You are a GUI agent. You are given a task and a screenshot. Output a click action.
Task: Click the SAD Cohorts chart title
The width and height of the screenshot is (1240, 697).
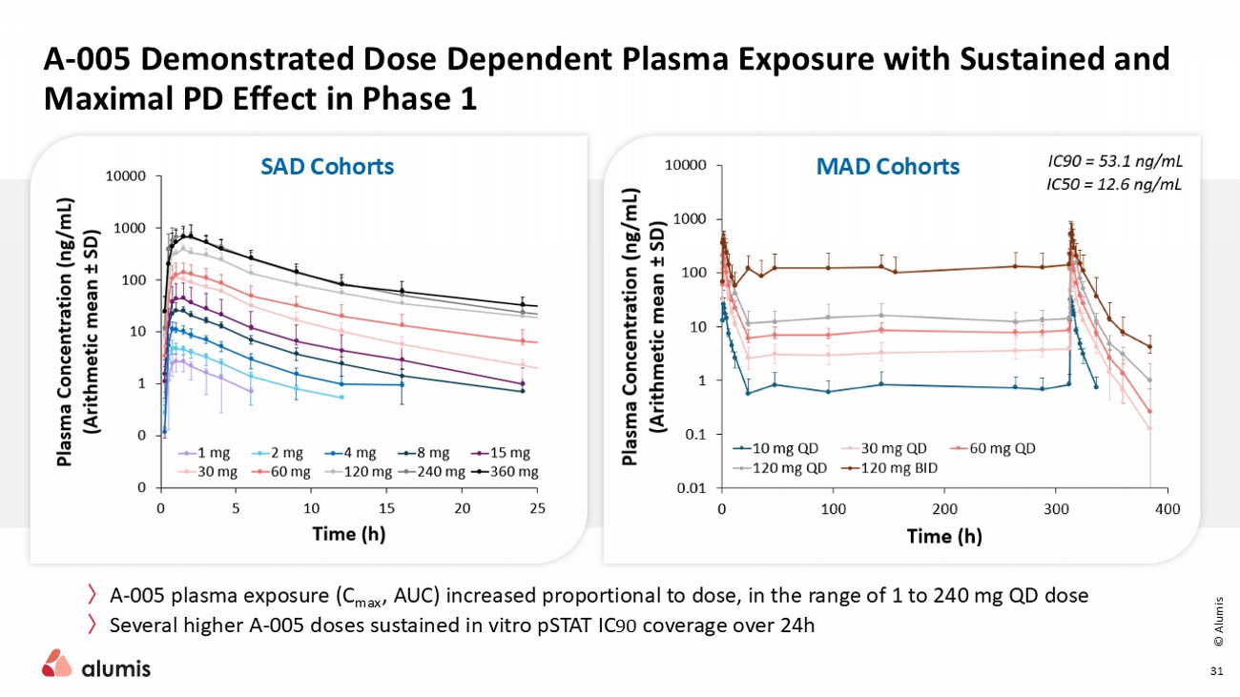(327, 166)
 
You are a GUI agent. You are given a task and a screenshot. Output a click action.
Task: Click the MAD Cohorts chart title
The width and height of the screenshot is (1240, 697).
(887, 166)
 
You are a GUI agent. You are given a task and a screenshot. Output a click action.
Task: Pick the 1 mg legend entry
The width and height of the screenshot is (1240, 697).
(211, 453)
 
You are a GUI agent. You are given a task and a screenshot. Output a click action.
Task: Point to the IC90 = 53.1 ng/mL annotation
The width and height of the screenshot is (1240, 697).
(1108, 163)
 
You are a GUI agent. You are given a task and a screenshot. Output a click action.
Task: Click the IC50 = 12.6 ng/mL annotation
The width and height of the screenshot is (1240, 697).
(1108, 184)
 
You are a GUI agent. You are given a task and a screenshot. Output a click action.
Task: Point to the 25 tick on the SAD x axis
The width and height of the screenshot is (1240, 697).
(537, 507)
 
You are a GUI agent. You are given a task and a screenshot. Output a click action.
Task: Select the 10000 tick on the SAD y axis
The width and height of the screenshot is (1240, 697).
(125, 176)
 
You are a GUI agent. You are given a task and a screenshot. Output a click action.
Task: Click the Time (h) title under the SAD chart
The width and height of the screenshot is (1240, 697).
(348, 534)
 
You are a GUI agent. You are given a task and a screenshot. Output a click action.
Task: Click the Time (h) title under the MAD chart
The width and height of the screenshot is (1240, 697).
(943, 536)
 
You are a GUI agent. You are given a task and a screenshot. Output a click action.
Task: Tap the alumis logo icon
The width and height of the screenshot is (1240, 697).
(56, 663)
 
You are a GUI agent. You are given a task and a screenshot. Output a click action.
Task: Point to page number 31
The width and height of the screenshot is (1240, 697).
(1216, 672)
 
